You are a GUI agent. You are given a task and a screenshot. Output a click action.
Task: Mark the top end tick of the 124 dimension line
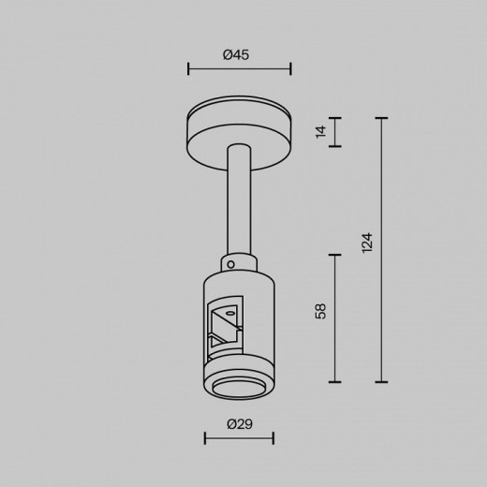pyautogui.click(x=381, y=118)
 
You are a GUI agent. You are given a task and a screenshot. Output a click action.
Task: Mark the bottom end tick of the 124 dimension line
pyautogui.click(x=381, y=382)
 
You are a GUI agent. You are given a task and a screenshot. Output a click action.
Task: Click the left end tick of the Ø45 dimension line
pyautogui.click(x=189, y=68)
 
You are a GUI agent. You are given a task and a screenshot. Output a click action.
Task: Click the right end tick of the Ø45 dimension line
pyautogui.click(x=290, y=68)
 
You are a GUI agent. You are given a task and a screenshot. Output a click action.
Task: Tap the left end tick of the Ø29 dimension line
pyautogui.click(x=206, y=437)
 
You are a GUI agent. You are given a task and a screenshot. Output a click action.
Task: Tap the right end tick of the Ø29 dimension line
pyautogui.click(x=273, y=437)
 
